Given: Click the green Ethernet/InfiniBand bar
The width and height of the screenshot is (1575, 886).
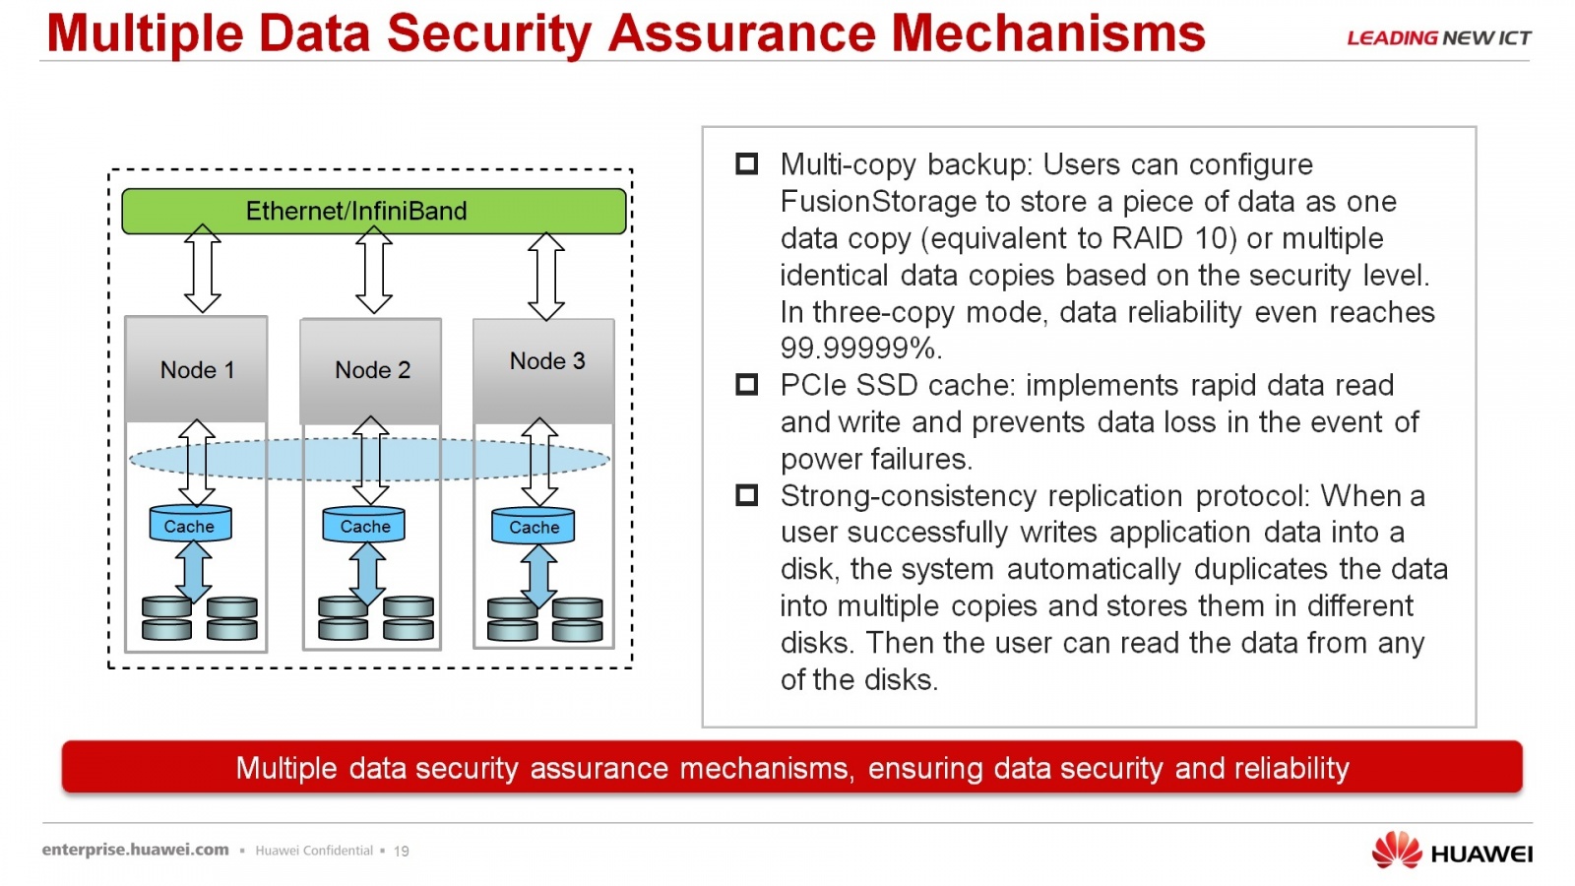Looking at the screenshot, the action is point(373,211).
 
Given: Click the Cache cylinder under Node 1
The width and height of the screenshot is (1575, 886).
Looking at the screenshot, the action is point(191,524).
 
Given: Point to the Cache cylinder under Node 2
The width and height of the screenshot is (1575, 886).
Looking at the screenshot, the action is point(363,525).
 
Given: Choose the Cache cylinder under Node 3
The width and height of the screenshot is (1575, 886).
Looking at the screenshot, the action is point(533,526).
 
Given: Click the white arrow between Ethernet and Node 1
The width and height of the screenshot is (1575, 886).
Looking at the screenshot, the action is point(203,269).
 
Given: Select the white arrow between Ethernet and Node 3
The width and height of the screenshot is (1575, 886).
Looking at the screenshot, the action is point(546,277).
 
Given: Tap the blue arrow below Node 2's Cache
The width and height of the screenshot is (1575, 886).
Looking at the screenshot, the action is point(366,574).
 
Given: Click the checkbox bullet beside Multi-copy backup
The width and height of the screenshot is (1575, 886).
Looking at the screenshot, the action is point(746,163).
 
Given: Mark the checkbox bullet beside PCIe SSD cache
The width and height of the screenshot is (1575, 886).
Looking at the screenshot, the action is point(746,385).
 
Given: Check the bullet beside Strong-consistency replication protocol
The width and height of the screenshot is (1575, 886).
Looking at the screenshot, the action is point(746,495).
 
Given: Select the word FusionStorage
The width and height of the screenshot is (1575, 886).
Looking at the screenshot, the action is point(878,202).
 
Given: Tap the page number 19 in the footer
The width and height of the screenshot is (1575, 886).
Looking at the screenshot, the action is point(401,851).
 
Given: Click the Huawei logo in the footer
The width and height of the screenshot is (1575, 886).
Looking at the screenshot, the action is point(1451,851).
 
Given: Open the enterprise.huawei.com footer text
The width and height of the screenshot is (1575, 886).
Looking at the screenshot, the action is point(135,850).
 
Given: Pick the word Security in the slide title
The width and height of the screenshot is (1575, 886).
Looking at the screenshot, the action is point(489,33).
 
